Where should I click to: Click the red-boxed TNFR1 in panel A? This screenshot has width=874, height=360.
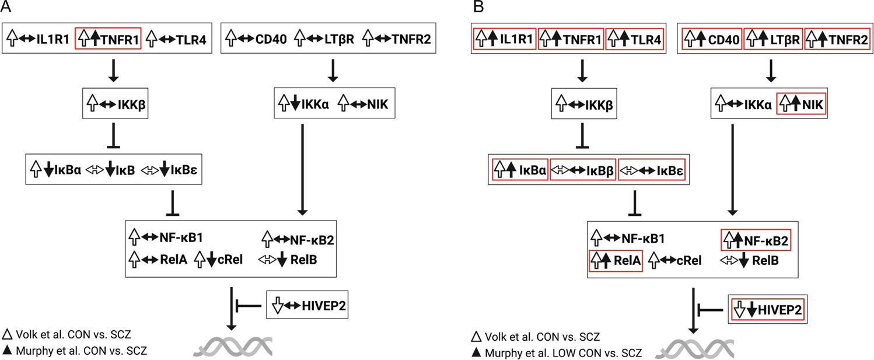109,40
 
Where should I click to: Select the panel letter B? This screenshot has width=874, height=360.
479,8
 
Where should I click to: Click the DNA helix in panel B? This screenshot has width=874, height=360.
694,348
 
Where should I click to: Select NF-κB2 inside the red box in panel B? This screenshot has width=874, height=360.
758,237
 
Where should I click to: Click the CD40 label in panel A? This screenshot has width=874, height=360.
271,40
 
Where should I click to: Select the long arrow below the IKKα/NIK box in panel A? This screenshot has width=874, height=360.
302,169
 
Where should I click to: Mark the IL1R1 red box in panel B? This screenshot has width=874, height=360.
504,40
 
